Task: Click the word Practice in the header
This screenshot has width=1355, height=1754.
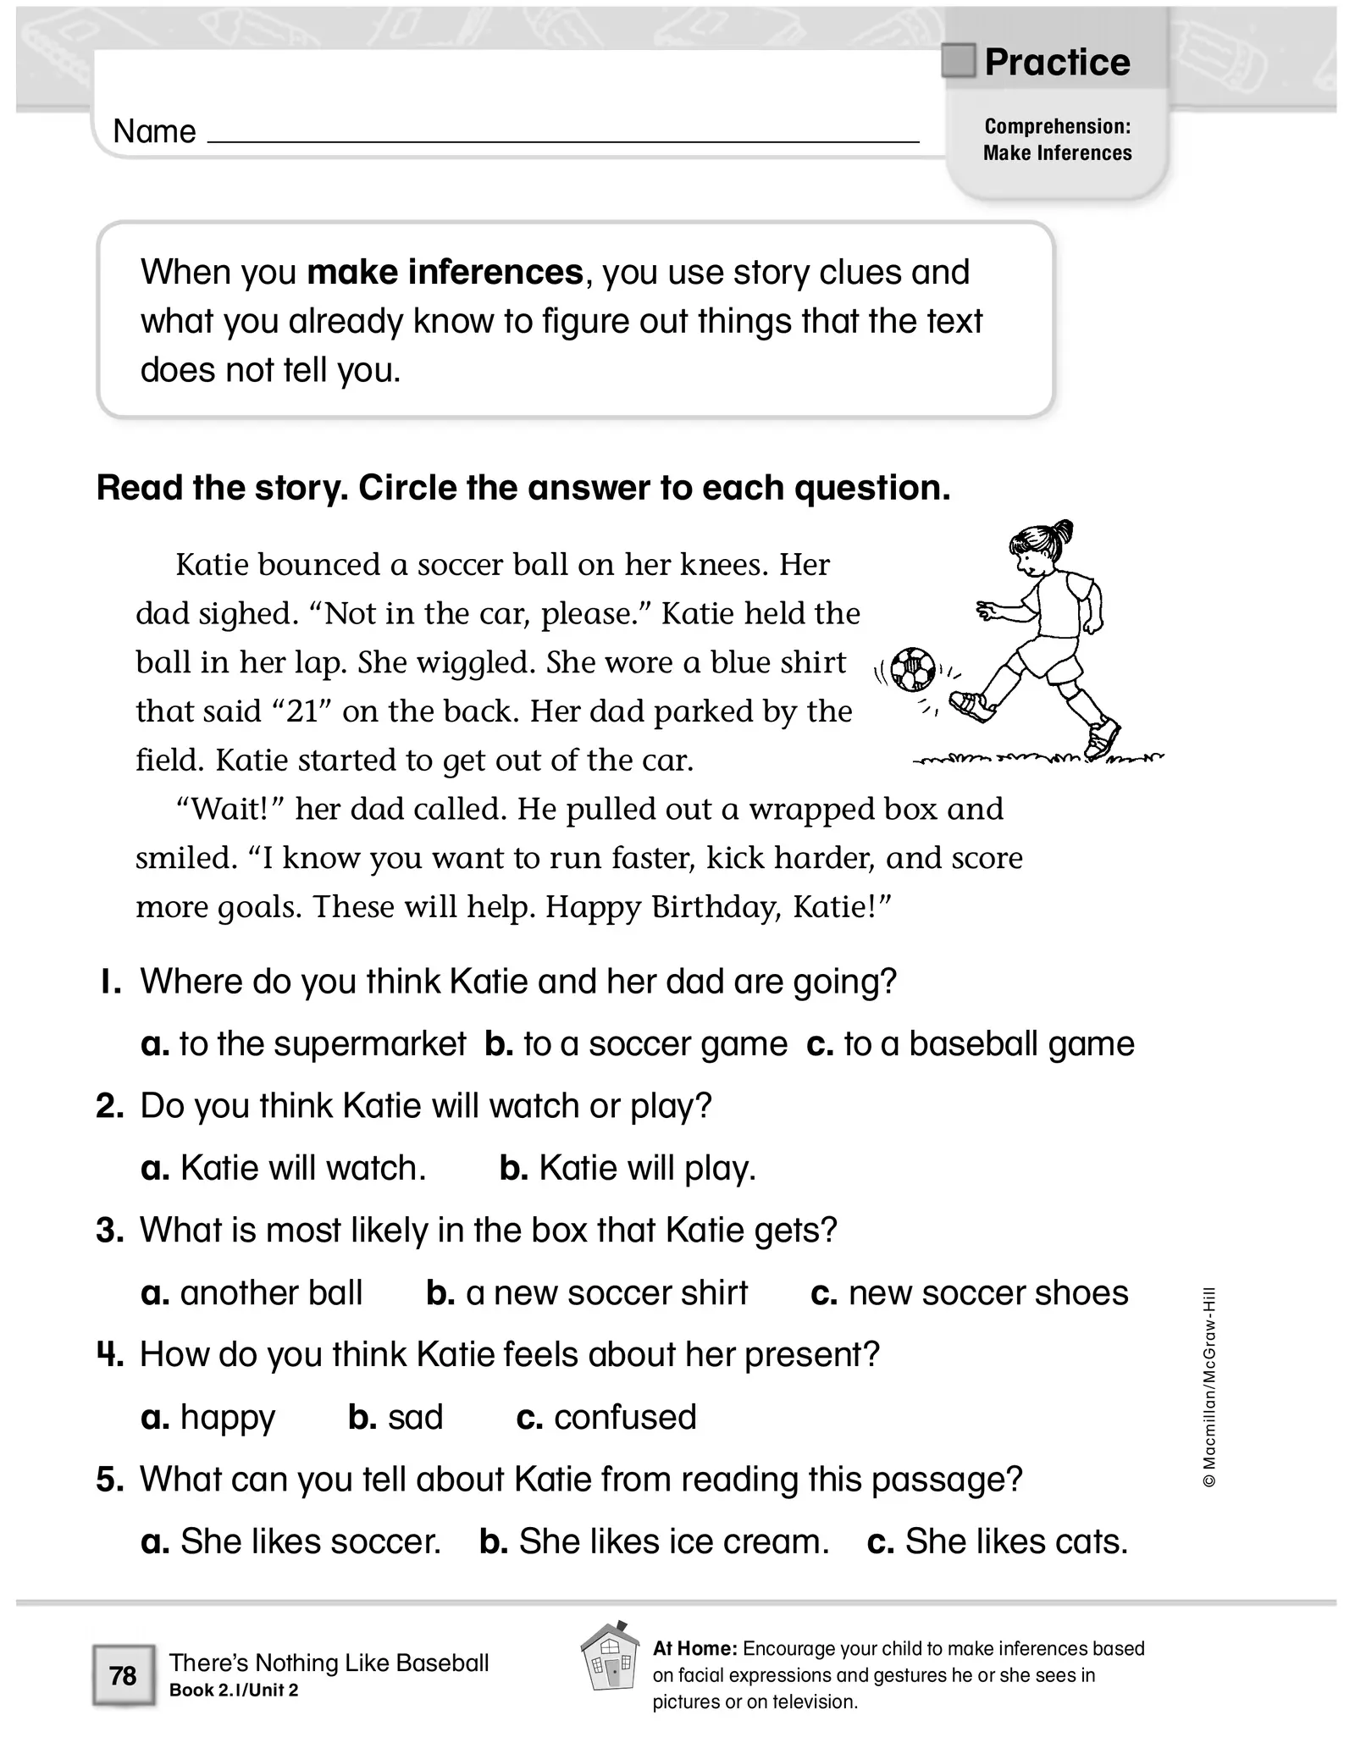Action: (x=1057, y=63)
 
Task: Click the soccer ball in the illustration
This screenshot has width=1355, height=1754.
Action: (x=914, y=669)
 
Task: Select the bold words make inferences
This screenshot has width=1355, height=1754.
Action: (x=445, y=273)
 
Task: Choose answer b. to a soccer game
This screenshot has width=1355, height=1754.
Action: (x=636, y=1044)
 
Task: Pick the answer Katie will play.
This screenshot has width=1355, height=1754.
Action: (x=628, y=1169)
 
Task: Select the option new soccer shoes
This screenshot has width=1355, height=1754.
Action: (x=970, y=1293)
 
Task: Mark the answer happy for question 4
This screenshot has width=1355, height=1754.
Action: (x=208, y=1418)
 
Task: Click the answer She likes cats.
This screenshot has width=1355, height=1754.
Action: (x=998, y=1541)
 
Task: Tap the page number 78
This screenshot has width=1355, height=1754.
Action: (x=123, y=1676)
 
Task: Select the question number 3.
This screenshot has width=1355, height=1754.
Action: (x=110, y=1231)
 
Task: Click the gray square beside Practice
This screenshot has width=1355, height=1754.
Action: (x=959, y=61)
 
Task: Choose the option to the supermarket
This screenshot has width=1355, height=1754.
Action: (x=303, y=1044)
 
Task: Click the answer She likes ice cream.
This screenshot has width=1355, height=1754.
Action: (x=654, y=1541)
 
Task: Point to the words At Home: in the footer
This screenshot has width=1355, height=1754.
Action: (x=694, y=1649)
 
